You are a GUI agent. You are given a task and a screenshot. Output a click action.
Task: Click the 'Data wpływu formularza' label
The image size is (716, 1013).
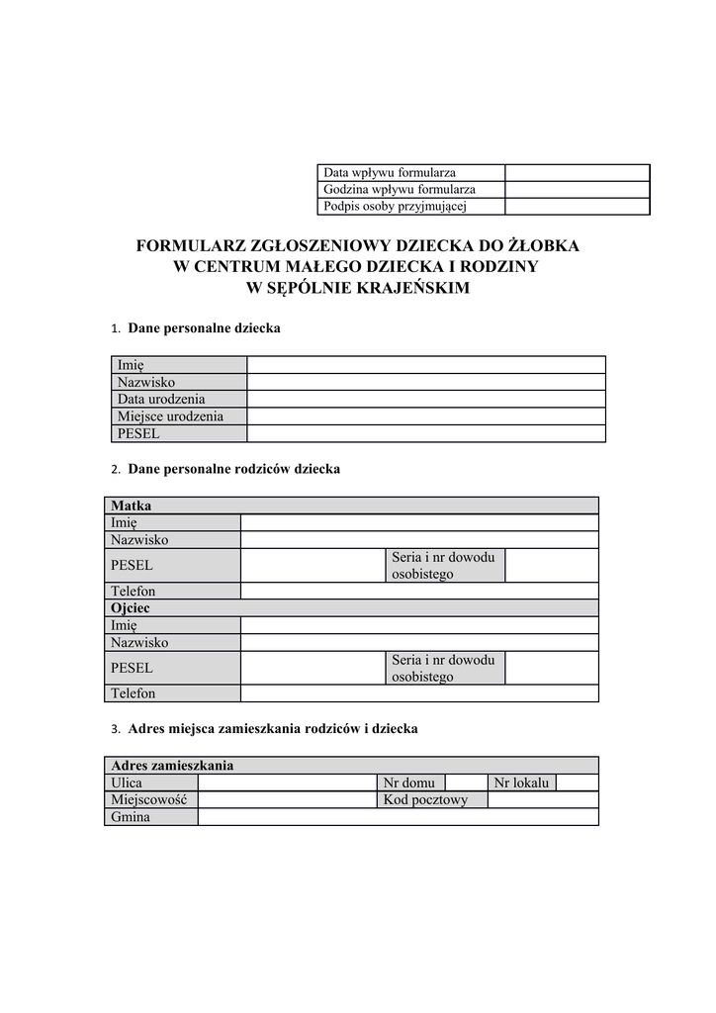(x=390, y=172)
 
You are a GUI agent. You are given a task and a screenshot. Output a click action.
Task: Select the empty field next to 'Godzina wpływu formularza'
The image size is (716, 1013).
(x=577, y=189)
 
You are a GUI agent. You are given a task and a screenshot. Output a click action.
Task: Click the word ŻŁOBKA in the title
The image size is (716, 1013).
(x=543, y=245)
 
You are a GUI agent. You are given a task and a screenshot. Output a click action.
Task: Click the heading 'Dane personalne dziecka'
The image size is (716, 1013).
(x=204, y=328)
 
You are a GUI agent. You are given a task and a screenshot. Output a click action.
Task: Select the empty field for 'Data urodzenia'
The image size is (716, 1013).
(x=425, y=399)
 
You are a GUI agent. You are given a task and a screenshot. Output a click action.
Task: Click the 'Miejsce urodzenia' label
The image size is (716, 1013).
(x=170, y=416)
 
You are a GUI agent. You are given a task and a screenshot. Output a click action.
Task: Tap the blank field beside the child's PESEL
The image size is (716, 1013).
(x=425, y=433)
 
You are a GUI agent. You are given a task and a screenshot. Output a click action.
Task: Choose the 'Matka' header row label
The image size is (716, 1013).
(x=132, y=506)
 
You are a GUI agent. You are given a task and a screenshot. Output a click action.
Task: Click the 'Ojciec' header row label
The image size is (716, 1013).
(x=131, y=608)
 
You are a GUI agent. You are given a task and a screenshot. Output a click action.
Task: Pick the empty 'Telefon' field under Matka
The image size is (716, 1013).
(x=419, y=591)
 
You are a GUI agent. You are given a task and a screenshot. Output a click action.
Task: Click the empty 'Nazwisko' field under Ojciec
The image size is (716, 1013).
(x=419, y=642)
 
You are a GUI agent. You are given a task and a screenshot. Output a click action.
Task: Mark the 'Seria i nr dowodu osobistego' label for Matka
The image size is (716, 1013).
(x=443, y=565)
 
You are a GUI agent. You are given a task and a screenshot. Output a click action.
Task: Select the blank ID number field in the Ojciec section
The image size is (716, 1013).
(x=551, y=668)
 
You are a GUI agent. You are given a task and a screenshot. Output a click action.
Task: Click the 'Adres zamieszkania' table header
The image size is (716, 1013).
(x=172, y=766)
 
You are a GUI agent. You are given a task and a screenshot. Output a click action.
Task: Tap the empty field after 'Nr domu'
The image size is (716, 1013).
(x=467, y=783)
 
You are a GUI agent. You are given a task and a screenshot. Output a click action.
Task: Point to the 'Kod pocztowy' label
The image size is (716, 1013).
(x=425, y=799)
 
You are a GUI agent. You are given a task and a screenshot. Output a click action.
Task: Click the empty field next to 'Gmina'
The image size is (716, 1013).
(x=398, y=817)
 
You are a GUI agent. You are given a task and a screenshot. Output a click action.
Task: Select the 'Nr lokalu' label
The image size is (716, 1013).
(x=521, y=783)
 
